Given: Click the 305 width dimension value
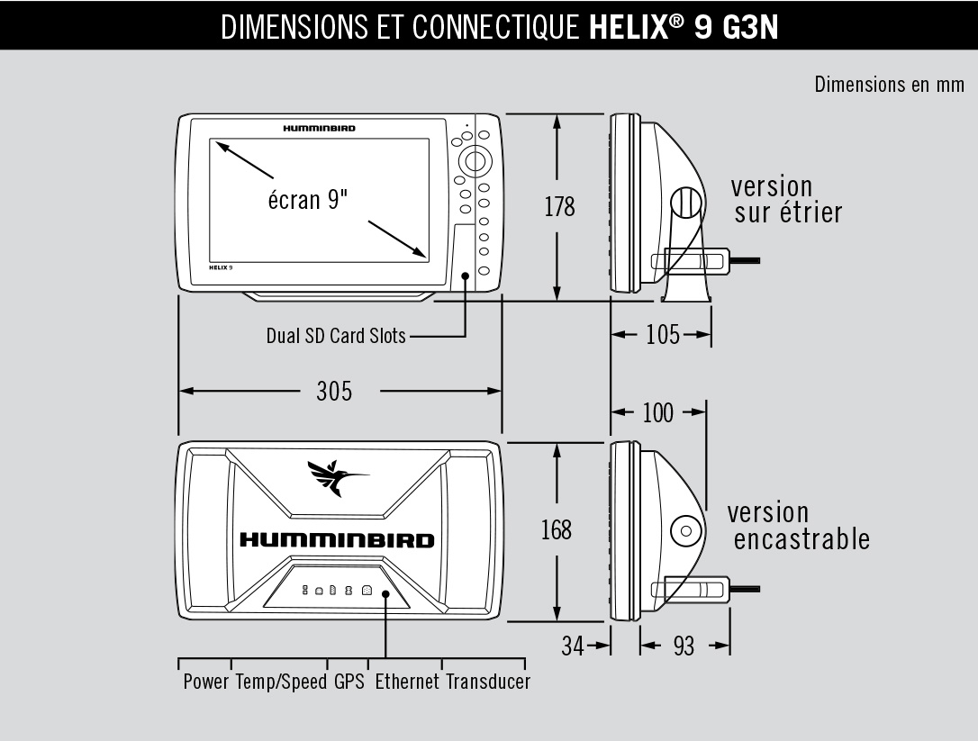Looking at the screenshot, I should [x=334, y=391].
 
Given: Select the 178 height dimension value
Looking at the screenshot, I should [x=559, y=206].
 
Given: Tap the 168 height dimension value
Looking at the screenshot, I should [x=556, y=529].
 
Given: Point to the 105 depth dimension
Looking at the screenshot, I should [x=663, y=336].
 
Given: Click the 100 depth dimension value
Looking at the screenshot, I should [x=657, y=412].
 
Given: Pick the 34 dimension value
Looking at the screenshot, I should [x=573, y=646].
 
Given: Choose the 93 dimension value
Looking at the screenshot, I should [x=684, y=646].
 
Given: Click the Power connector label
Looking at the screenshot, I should [x=206, y=682].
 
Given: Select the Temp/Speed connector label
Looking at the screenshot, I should [x=282, y=682].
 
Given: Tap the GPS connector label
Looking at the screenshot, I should [x=349, y=682].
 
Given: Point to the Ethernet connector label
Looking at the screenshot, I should [x=407, y=682].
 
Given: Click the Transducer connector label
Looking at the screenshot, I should [x=488, y=682].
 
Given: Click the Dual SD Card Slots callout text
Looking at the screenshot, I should [x=336, y=336].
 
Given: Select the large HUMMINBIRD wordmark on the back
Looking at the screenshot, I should [x=336, y=540].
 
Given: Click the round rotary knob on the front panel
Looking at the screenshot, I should [x=475, y=161].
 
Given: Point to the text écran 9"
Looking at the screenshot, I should [x=308, y=199].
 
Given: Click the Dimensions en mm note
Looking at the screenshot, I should [x=889, y=85].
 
